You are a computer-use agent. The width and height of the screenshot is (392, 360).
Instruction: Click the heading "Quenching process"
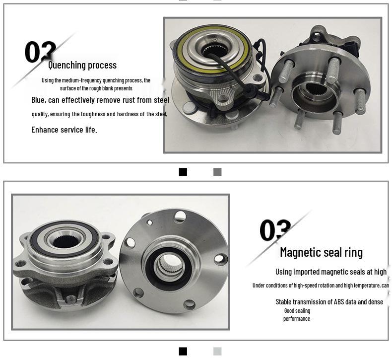(x=82, y=65)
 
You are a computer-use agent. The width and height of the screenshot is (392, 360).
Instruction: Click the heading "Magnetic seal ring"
(x=321, y=252)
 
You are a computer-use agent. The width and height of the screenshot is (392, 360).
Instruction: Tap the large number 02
(x=40, y=52)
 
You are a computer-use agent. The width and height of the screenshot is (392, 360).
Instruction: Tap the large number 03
(x=275, y=230)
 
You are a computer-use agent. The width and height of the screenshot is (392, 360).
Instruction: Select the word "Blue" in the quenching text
(x=38, y=100)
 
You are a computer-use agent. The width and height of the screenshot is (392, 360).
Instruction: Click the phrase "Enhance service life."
(x=64, y=130)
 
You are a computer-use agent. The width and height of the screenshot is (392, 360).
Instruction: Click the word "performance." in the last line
(x=297, y=319)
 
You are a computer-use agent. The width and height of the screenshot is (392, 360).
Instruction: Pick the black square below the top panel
(x=183, y=172)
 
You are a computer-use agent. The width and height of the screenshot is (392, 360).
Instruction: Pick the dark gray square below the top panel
(x=217, y=172)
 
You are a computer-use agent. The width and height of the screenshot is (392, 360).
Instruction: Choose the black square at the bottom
(x=183, y=351)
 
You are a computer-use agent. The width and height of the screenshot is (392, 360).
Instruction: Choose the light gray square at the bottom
(x=217, y=351)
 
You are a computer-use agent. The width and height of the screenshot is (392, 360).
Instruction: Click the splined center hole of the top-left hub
(x=214, y=51)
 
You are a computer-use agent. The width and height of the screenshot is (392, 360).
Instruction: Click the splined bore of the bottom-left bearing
(x=66, y=241)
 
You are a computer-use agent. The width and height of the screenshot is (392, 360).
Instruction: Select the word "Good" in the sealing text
(x=289, y=311)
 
